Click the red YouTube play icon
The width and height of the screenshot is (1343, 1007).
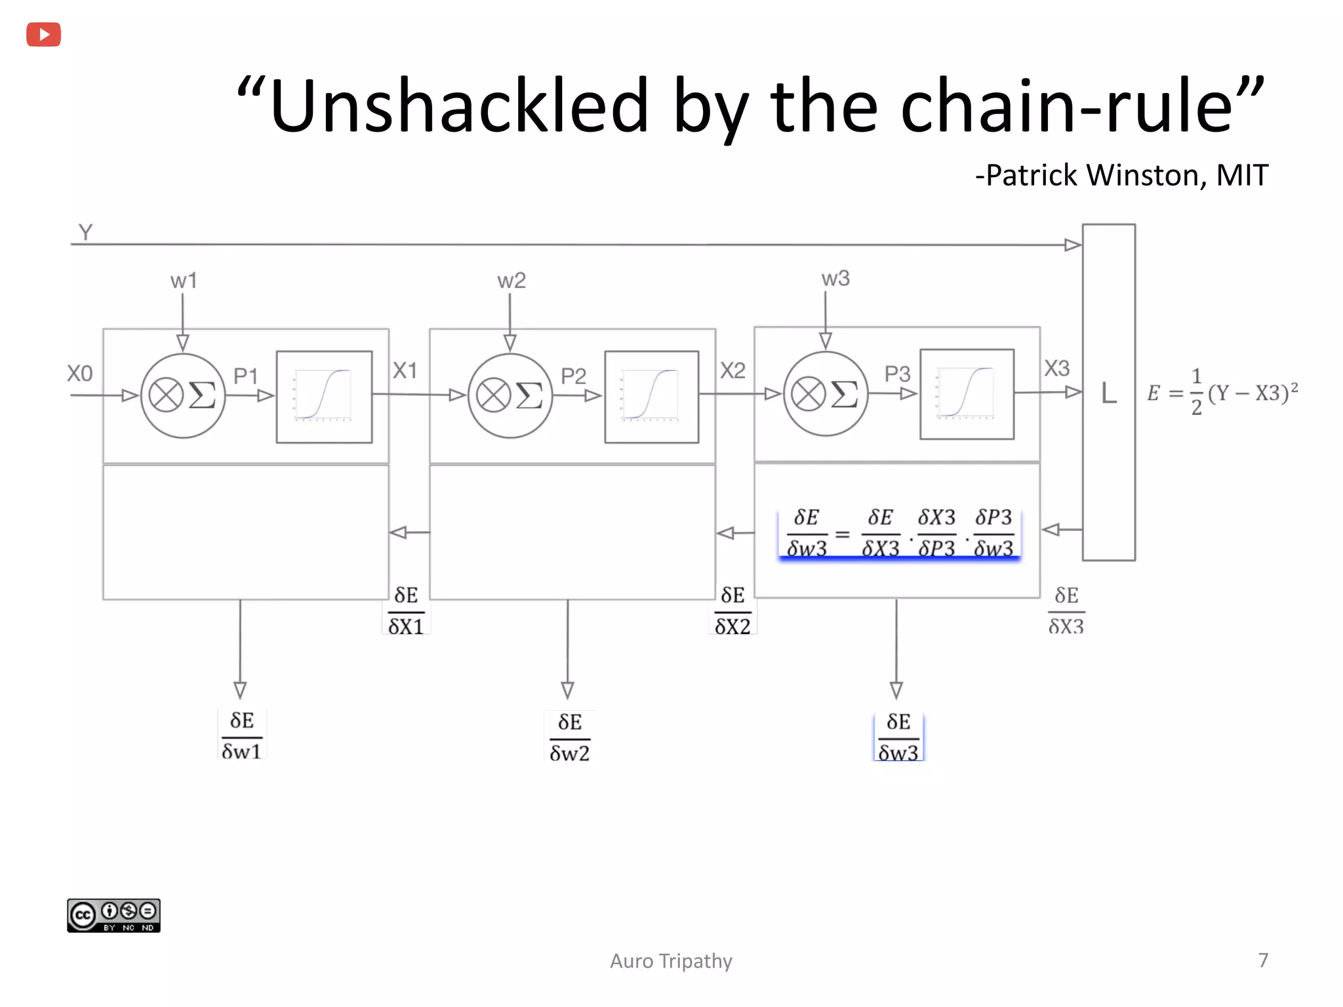(x=43, y=34)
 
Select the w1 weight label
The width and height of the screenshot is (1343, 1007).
(x=184, y=281)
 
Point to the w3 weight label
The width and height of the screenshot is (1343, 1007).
(x=835, y=279)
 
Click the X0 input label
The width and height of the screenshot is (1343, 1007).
(x=80, y=374)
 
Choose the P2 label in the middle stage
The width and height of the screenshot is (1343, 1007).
(x=573, y=376)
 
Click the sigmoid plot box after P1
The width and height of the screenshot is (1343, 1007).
(x=324, y=397)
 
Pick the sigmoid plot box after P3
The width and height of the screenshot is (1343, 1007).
(x=967, y=394)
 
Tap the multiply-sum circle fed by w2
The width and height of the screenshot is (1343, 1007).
(x=510, y=395)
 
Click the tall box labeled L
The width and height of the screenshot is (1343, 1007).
(x=1109, y=392)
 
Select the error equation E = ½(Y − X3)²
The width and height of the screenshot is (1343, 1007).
(x=1222, y=392)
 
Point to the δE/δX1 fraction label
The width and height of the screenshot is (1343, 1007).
(x=406, y=610)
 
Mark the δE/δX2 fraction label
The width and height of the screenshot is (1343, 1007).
(x=732, y=610)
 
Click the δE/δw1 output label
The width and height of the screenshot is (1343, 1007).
(x=241, y=736)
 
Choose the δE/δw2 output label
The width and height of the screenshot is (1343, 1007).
(x=569, y=737)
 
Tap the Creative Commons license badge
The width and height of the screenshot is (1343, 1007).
(x=113, y=915)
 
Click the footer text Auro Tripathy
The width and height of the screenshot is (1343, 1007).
(x=671, y=961)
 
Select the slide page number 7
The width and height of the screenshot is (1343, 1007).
(x=1263, y=960)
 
